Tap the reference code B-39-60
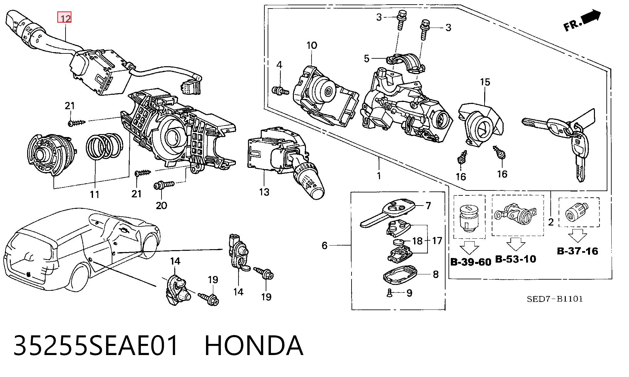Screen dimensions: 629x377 [471, 262]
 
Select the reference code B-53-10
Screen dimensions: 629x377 [516, 259]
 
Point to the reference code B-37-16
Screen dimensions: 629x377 [578, 251]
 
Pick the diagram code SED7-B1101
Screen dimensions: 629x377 [555, 299]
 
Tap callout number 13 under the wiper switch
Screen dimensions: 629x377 [264, 192]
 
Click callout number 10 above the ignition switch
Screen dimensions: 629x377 [312, 45]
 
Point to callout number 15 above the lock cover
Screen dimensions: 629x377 [485, 82]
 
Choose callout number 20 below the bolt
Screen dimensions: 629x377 [161, 205]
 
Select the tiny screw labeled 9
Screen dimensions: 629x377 [390, 292]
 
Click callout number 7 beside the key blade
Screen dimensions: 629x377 [428, 206]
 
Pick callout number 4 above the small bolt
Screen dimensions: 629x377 [279, 65]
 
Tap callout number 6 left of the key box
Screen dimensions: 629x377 [324, 245]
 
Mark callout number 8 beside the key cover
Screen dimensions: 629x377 [436, 274]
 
